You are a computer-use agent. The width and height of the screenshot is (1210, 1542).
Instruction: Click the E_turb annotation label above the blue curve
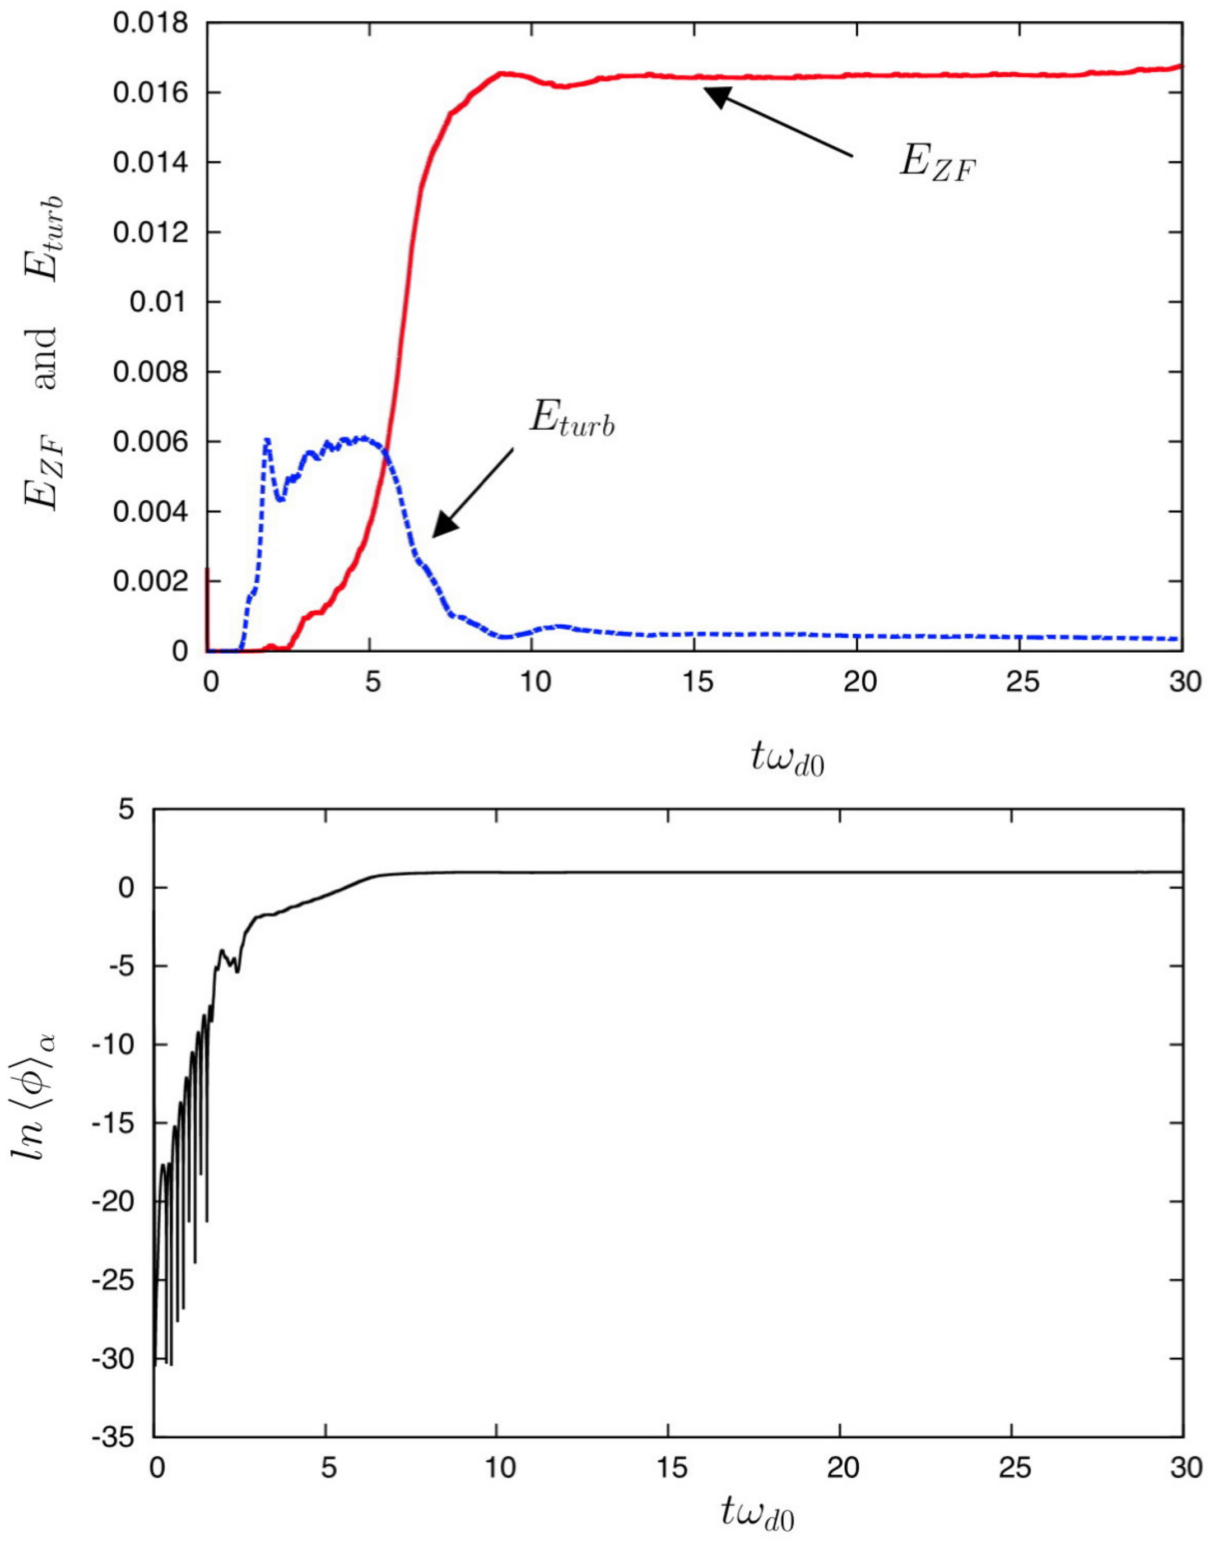pyautogui.click(x=571, y=420)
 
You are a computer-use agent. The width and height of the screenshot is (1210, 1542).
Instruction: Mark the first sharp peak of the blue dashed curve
pyautogui.click(x=267, y=440)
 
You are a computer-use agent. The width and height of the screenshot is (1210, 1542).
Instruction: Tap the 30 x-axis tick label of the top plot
pyautogui.click(x=1181, y=682)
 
